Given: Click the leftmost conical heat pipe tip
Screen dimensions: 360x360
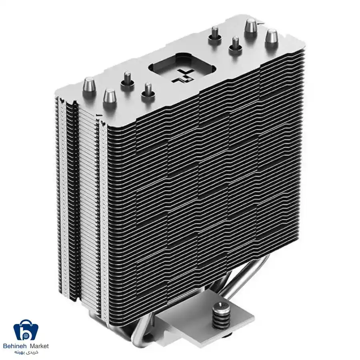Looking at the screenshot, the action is [89, 87].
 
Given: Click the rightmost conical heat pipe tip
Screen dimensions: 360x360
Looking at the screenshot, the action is [271, 38].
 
